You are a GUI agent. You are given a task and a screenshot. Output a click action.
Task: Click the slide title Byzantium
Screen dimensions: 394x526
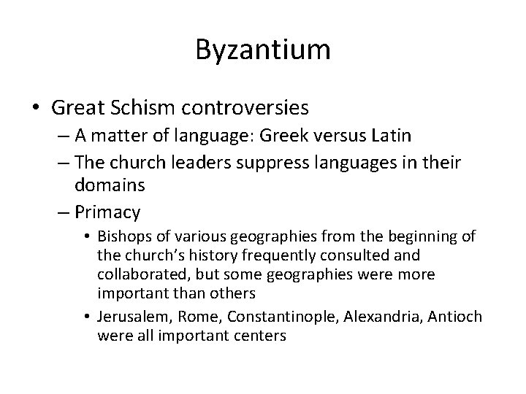(263, 50)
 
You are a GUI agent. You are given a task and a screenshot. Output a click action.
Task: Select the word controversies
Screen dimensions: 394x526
(249, 108)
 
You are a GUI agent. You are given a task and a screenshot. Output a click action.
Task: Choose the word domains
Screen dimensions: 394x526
(110, 185)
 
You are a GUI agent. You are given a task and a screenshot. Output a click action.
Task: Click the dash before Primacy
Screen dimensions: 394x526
(63, 212)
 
